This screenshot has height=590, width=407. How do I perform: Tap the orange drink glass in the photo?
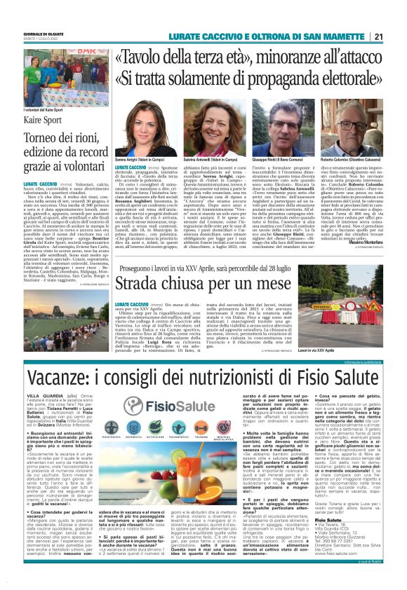pos(85,427)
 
